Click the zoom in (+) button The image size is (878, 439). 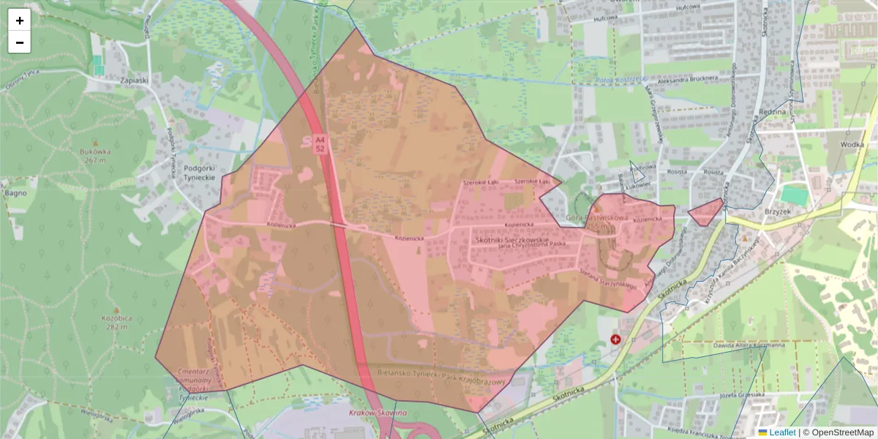20,20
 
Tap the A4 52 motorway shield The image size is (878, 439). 320,143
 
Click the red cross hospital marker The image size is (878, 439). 615,339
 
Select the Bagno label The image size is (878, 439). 15,193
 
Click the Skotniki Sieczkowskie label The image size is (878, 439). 511,239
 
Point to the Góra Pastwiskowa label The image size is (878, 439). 598,218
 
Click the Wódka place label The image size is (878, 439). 852,144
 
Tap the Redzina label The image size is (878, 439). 772,111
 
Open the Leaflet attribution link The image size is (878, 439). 781,432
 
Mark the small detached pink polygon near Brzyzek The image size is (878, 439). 706,211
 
